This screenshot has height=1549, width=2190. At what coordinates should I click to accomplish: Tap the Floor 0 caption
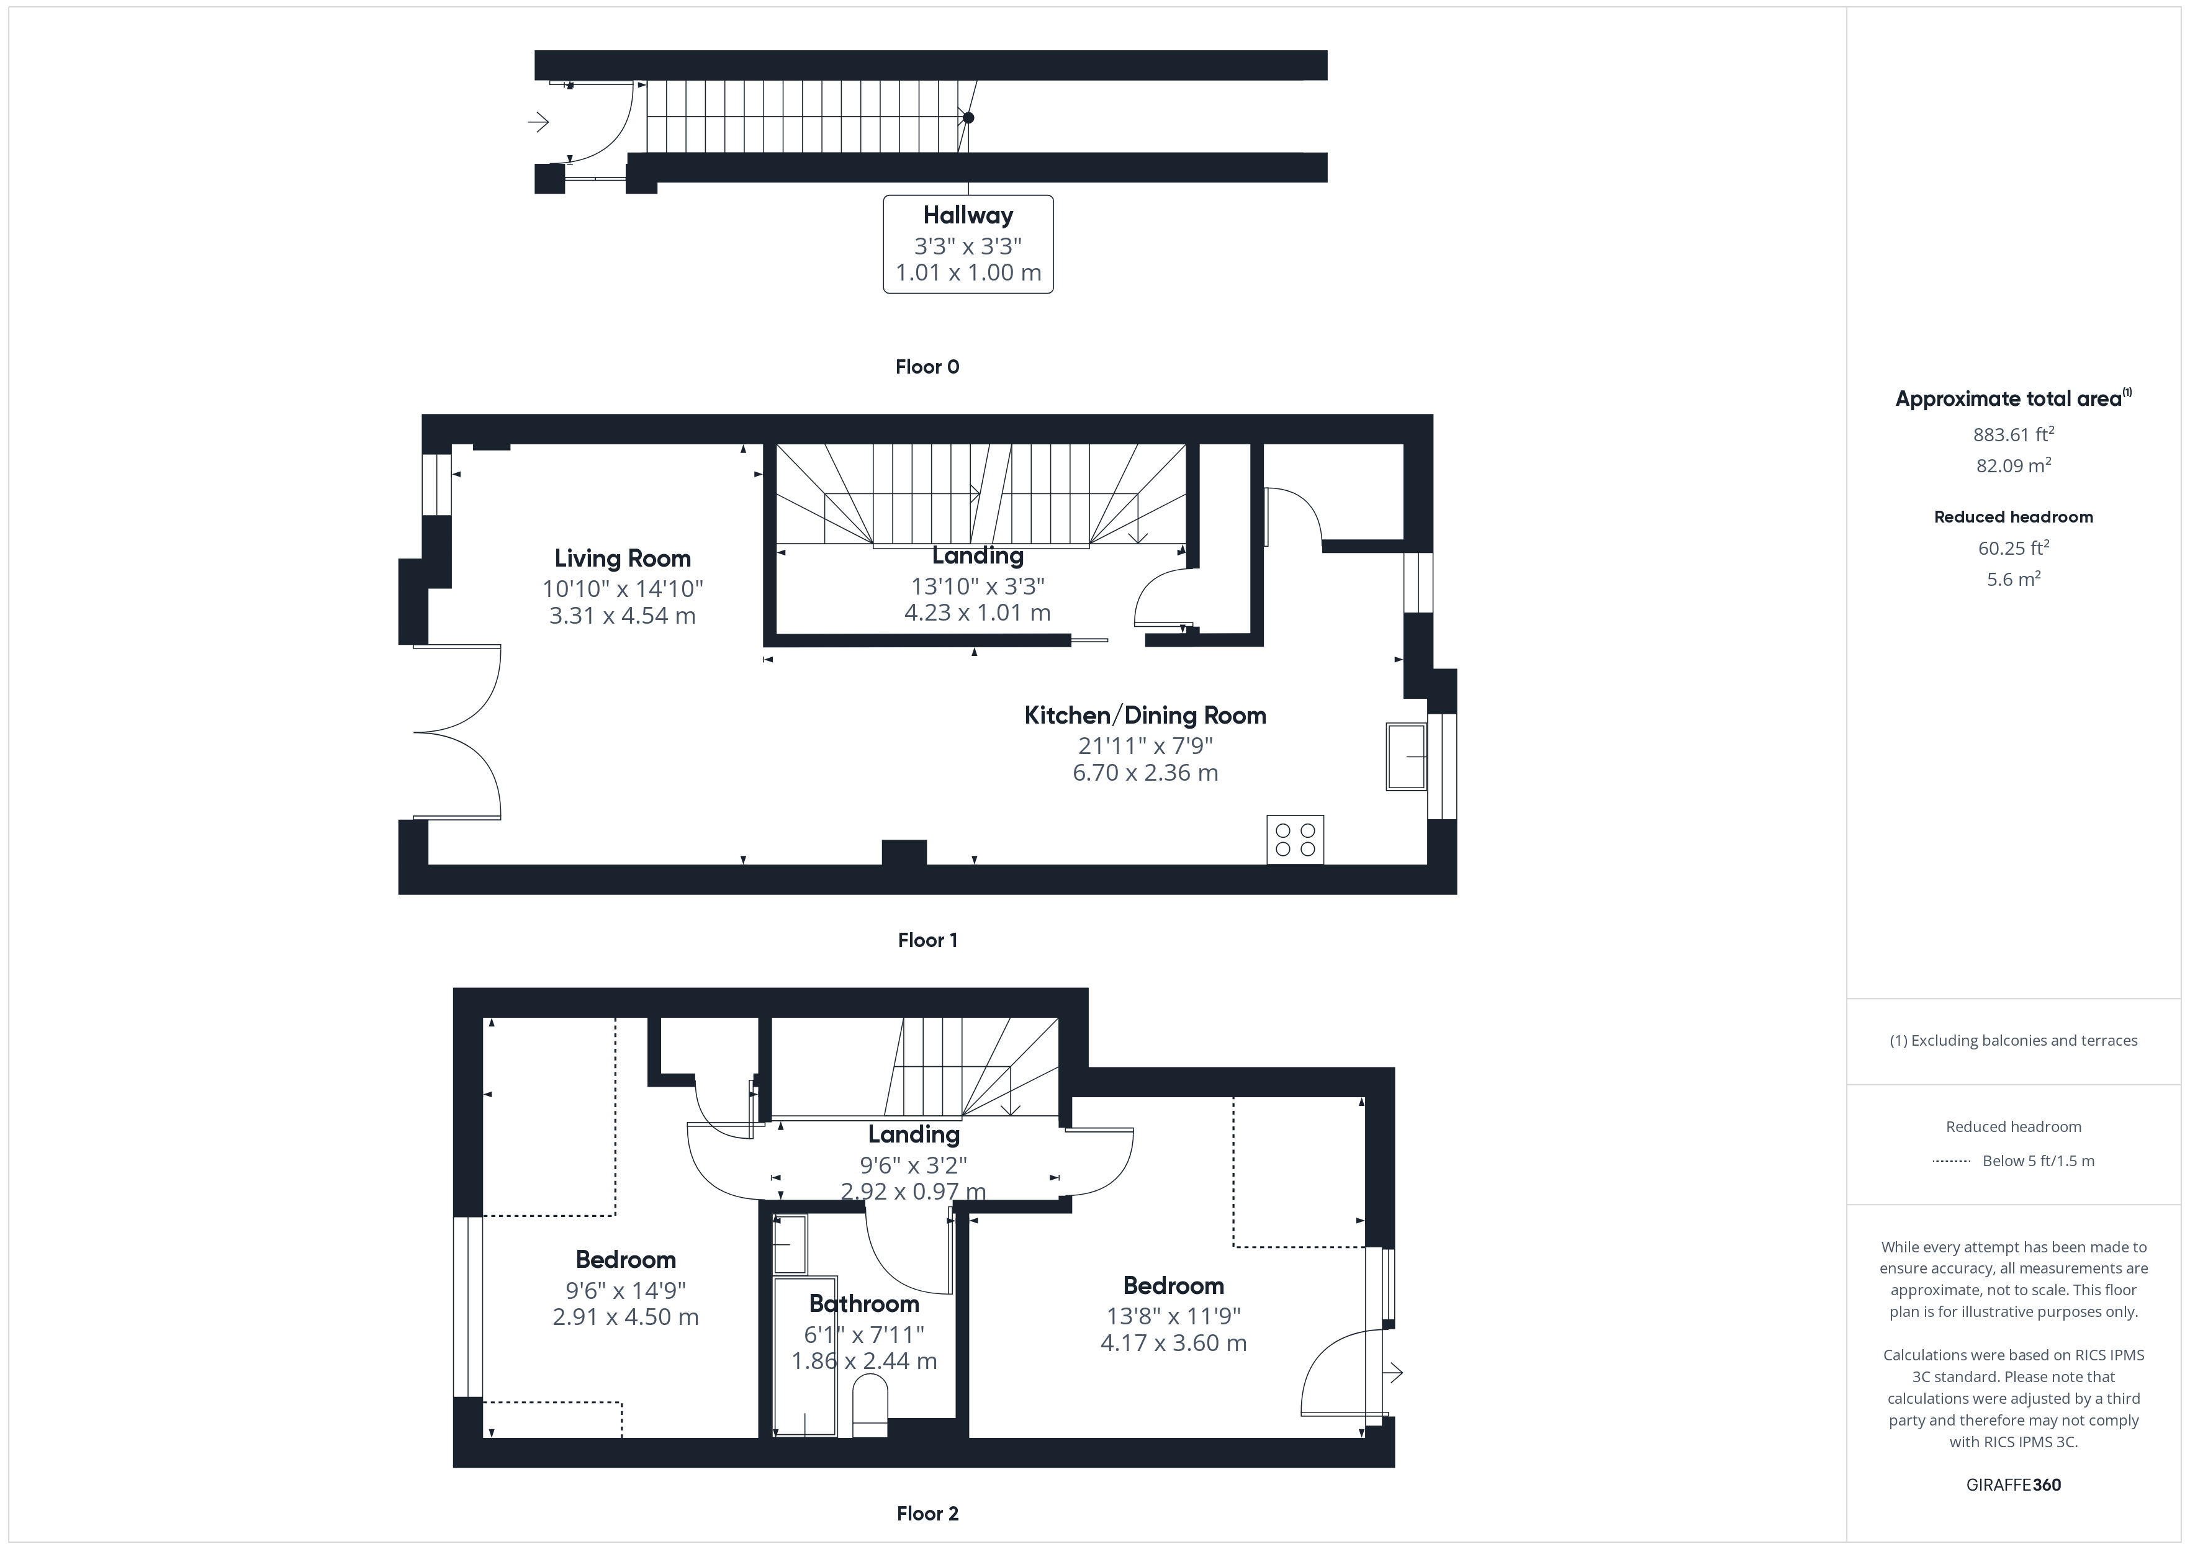point(927,367)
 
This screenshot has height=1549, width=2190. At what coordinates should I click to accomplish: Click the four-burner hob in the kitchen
point(1296,840)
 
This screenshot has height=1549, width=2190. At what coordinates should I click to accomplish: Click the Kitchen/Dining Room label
point(1145,716)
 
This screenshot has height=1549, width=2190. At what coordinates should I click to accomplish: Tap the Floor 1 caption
point(927,940)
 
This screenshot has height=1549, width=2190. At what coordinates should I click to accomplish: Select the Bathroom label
point(864,1304)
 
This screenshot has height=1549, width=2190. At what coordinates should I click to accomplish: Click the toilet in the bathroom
point(869,1405)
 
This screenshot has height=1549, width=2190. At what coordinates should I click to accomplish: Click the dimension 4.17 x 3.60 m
point(1173,1343)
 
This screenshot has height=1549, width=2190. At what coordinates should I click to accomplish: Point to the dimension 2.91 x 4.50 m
point(626,1318)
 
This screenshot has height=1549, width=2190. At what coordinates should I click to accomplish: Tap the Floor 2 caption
point(927,1514)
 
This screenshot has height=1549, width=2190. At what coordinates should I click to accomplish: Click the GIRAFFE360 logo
point(2014,1485)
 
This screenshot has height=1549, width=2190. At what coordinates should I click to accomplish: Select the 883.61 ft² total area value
point(2014,435)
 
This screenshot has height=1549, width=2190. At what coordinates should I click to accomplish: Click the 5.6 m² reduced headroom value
point(2014,579)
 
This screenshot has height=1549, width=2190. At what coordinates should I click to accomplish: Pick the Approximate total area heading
point(2014,398)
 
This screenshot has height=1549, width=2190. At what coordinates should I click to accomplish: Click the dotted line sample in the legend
point(1950,1161)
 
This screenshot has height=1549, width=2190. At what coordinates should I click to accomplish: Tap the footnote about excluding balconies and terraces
point(2014,1041)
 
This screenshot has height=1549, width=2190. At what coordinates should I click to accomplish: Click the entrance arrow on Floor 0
point(539,122)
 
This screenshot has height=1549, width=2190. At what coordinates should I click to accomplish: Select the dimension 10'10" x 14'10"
point(623,588)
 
